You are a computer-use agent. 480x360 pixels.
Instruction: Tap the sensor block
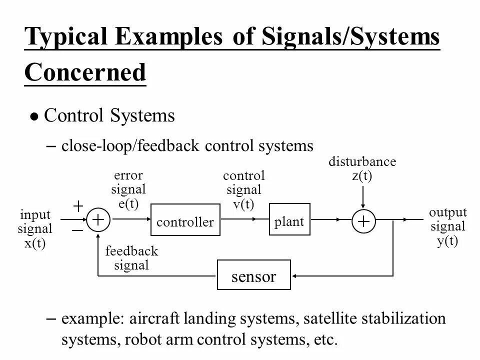click(x=253, y=275)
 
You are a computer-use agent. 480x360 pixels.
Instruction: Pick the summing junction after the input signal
click(x=99, y=219)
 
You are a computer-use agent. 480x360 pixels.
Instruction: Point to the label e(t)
click(x=128, y=203)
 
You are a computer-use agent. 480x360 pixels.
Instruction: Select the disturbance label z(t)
click(x=362, y=176)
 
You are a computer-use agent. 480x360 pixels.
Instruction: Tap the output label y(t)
click(x=447, y=240)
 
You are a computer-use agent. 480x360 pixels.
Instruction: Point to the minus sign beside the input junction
click(x=77, y=230)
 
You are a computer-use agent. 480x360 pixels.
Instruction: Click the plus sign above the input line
click(x=78, y=205)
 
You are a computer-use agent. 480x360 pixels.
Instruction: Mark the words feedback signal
click(x=131, y=258)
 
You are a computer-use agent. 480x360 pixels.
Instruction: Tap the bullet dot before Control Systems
click(x=33, y=117)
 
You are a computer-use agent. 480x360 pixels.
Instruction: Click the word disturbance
click(x=362, y=162)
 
